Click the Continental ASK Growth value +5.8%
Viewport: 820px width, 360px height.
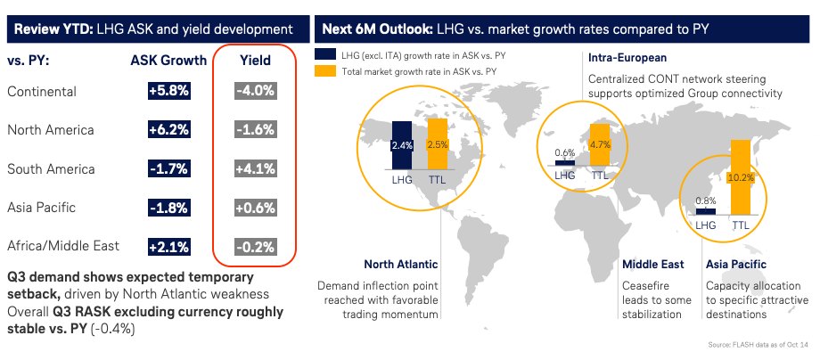click(169, 92)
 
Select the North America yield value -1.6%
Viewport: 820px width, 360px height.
click(256, 130)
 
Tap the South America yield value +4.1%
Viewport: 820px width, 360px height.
click(256, 168)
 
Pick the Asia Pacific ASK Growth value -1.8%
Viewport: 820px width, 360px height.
click(169, 208)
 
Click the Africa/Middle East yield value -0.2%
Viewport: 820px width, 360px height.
click(256, 246)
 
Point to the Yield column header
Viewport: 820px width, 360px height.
click(256, 61)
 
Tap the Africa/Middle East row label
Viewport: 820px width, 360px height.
click(62, 246)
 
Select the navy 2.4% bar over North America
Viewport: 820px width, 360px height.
click(401, 143)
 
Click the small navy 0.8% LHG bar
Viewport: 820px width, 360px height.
click(706, 210)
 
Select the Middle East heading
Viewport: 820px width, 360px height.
click(653, 265)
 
